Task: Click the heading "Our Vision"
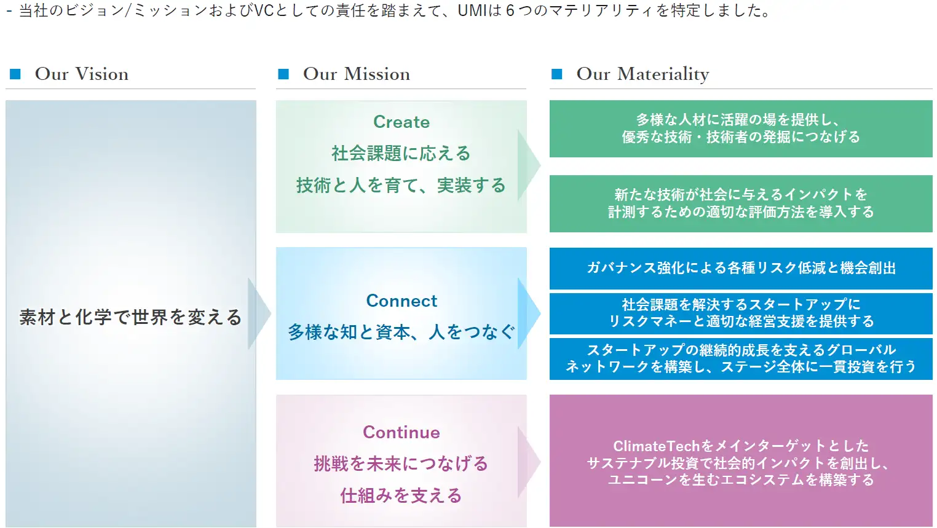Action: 82,74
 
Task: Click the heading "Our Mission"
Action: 356,74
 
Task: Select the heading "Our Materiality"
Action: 642,74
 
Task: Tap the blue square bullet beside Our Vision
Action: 16,74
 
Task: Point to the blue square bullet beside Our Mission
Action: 283,74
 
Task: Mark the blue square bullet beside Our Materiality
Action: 557,74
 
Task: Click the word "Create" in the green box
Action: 401,122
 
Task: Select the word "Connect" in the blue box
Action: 401,301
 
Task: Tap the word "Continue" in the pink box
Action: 401,432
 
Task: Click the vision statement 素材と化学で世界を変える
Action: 130,317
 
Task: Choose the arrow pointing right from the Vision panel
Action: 259,313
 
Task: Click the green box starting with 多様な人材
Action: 740,128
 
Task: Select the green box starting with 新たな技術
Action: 740,203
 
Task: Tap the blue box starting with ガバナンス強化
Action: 740,268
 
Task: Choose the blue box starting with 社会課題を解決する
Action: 740,313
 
